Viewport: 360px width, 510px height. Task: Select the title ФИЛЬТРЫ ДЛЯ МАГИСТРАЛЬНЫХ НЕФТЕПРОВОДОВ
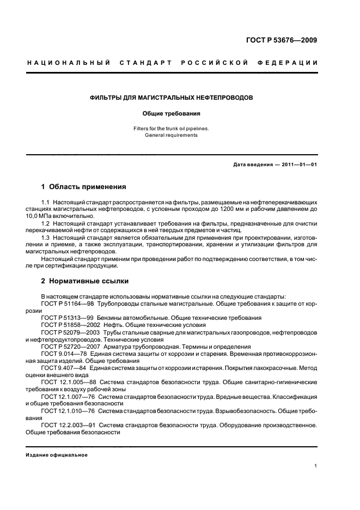(x=171, y=98)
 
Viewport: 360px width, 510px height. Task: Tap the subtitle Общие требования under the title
(x=171, y=114)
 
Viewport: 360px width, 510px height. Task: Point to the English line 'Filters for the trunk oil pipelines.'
(x=171, y=129)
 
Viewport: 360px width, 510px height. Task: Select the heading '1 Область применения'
(x=84, y=187)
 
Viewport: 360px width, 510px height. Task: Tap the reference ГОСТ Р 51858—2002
(x=67, y=325)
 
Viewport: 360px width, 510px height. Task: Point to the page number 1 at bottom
(x=316, y=465)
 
